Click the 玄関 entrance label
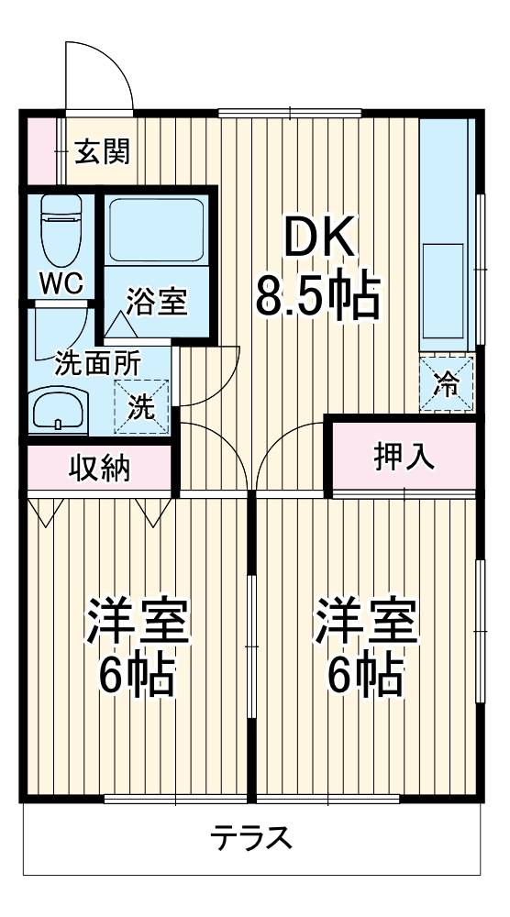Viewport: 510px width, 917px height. tap(102, 150)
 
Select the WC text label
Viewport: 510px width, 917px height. tap(61, 282)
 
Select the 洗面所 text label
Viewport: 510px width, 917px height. tap(97, 361)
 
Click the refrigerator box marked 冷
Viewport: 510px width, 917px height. tap(448, 383)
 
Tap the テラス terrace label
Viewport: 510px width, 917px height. tap(251, 837)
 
